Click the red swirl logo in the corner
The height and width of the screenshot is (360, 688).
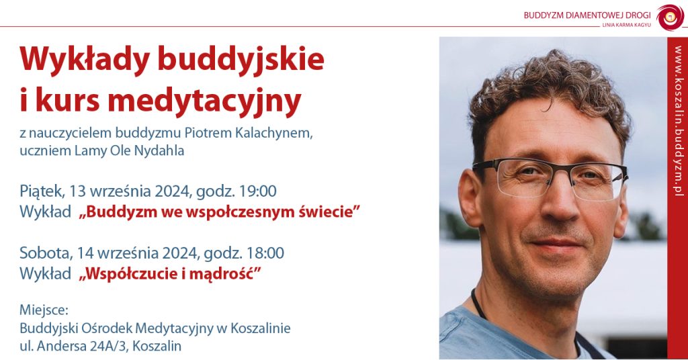point(670,17)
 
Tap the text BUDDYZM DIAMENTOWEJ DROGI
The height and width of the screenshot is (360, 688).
point(587,15)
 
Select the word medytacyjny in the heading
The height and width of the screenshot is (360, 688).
point(204,101)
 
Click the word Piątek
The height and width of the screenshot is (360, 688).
point(42,191)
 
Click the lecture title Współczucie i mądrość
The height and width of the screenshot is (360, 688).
point(170,273)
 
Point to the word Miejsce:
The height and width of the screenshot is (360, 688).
point(44,310)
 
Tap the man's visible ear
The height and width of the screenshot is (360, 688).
point(470,198)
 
